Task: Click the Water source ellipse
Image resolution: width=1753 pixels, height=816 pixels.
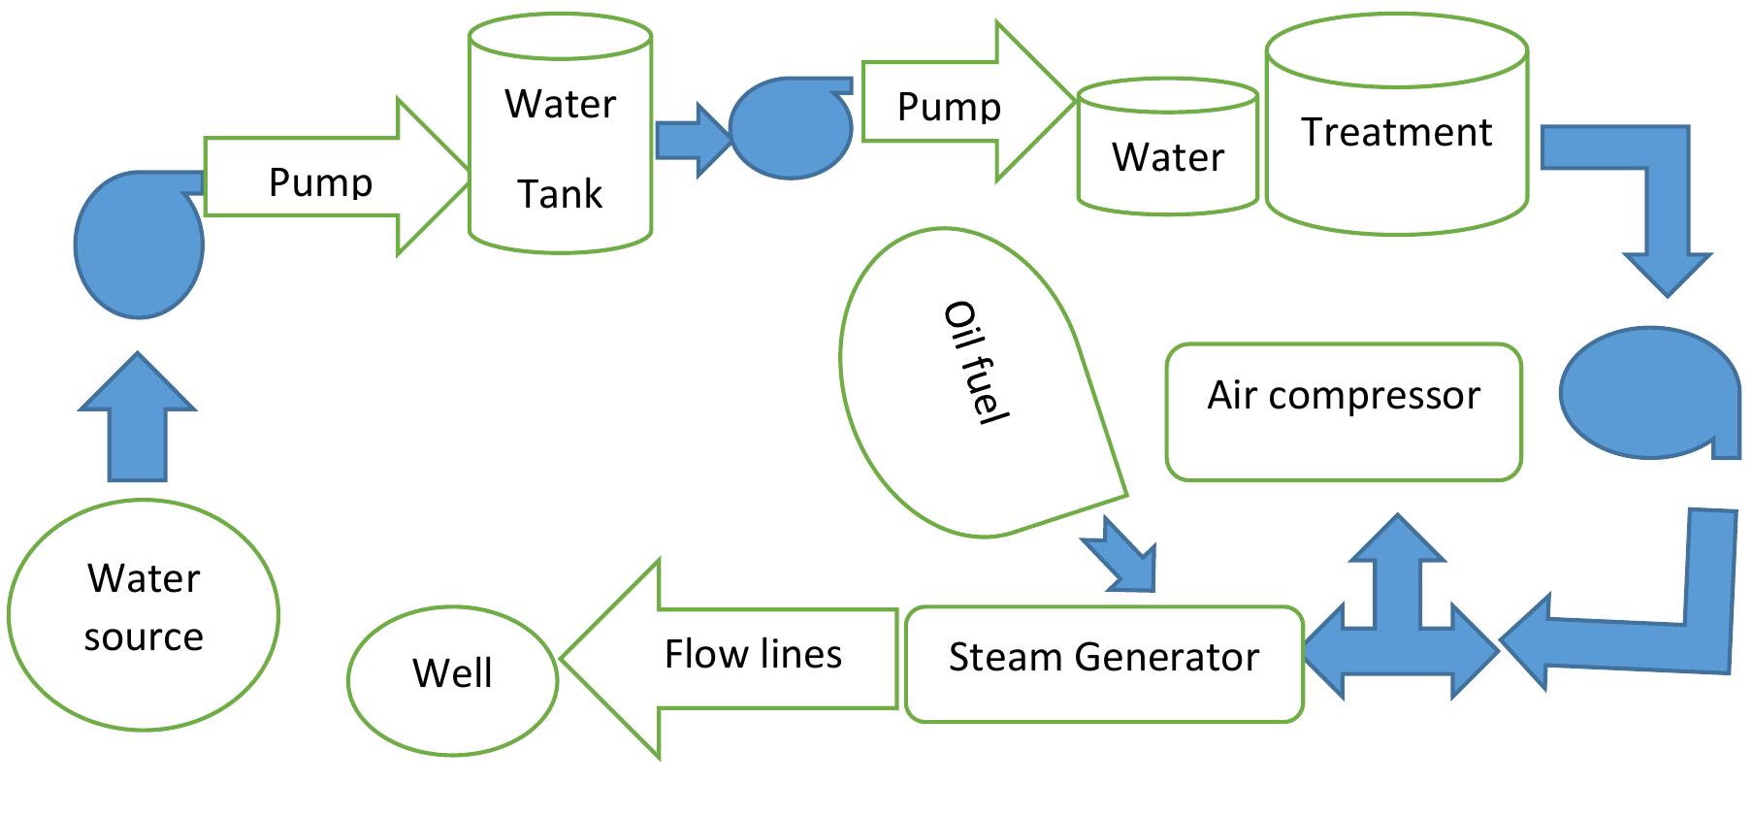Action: [x=144, y=614]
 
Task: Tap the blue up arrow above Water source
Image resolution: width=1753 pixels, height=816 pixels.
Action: [x=137, y=427]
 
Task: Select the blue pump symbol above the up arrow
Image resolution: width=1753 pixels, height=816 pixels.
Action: [x=139, y=245]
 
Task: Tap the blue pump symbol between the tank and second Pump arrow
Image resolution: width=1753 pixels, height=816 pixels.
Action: [x=790, y=128]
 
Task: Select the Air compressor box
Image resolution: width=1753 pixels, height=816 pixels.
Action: [x=1344, y=411]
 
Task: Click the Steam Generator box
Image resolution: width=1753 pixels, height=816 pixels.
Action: [x=1103, y=664]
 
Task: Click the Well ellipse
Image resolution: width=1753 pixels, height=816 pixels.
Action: [x=452, y=673]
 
